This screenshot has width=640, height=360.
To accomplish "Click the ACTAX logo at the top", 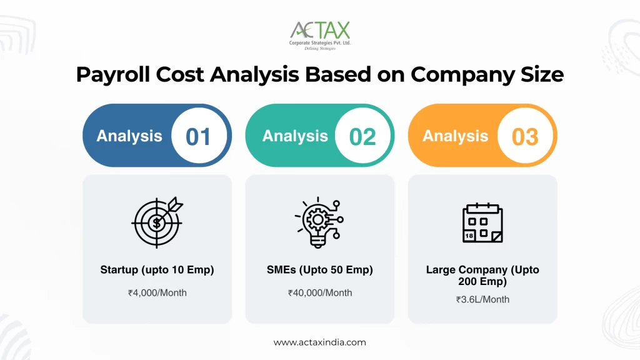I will (x=320, y=30).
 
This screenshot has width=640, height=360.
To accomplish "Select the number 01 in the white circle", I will (x=198, y=136).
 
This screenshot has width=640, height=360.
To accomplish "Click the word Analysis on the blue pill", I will (x=129, y=136).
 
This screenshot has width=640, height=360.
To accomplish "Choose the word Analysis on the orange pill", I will (x=455, y=136).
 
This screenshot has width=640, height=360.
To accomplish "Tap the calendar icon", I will (x=482, y=222).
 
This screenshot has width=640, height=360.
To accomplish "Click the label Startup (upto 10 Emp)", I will (x=157, y=270).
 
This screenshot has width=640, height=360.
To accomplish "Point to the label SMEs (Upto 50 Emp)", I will (x=319, y=270).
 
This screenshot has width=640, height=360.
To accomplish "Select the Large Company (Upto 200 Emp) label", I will (x=482, y=276).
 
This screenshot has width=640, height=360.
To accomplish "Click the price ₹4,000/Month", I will (x=157, y=292).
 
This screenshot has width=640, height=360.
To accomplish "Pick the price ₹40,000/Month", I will (x=319, y=292).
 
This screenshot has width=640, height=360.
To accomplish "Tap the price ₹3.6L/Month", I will (x=482, y=299).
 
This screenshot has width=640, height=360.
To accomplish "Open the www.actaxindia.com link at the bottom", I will (x=320, y=342).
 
